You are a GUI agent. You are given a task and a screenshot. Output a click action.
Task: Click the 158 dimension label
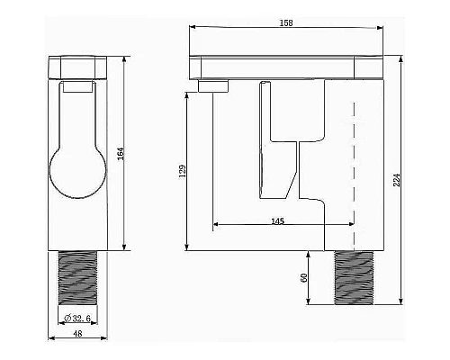(x=286, y=23)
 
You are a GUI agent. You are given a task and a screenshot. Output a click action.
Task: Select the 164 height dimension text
(x=121, y=154)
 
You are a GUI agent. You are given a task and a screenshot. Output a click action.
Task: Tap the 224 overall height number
(x=397, y=180)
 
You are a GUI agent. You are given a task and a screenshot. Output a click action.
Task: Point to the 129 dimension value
(x=182, y=171)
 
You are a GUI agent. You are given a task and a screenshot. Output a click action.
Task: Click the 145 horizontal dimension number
(x=277, y=221)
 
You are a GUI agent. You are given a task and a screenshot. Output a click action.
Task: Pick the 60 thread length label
(x=304, y=278)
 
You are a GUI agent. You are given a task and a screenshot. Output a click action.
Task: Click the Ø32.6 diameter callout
(x=77, y=319)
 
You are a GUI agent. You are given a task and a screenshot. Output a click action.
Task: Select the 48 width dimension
(x=77, y=333)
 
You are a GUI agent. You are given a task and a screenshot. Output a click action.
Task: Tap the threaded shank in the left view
(x=77, y=278)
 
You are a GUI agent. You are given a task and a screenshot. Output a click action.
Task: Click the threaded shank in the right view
(x=354, y=278)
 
